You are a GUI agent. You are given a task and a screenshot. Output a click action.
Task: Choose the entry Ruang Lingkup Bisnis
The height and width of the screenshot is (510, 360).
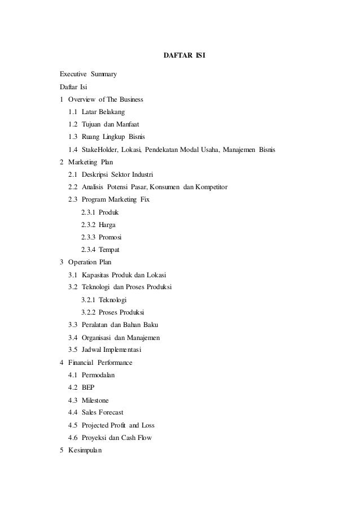[x=113, y=137]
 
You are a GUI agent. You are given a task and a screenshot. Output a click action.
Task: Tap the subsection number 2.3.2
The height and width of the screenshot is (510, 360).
[x=88, y=224]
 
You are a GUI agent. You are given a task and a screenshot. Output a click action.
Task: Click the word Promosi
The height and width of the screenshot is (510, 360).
[x=111, y=237]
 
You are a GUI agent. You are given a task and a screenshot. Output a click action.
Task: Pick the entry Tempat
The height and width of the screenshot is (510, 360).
[x=109, y=249]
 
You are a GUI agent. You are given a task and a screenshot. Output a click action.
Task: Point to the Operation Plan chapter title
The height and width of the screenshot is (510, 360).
[x=90, y=262]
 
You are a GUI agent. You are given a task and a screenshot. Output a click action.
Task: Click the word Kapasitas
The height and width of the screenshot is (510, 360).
[x=95, y=274]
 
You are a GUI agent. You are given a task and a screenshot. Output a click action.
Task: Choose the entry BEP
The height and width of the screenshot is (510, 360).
[x=88, y=387]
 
